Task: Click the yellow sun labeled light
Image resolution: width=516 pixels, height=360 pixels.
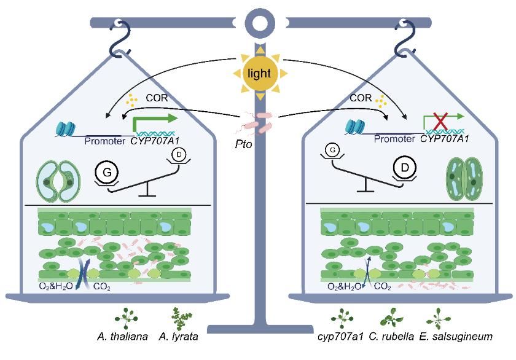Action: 259,73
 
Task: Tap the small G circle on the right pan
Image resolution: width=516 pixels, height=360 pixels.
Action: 332,149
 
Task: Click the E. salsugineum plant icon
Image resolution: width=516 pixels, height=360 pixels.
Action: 437,318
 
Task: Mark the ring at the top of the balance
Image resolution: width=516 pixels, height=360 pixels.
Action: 258,23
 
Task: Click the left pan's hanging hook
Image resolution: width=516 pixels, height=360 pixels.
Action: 117,37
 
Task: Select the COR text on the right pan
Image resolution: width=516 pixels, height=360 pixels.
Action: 361,98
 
